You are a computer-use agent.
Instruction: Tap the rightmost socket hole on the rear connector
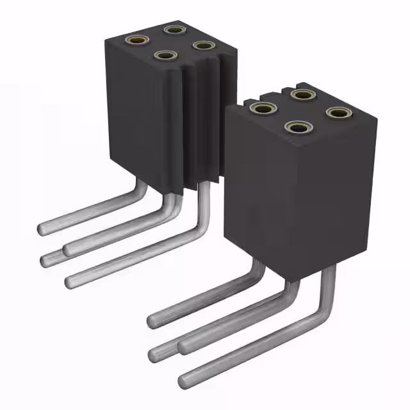point(203,45)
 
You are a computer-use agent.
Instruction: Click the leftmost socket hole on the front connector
point(260,108)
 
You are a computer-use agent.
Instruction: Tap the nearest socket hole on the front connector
point(296,127)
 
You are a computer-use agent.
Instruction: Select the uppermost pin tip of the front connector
point(154,318)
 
